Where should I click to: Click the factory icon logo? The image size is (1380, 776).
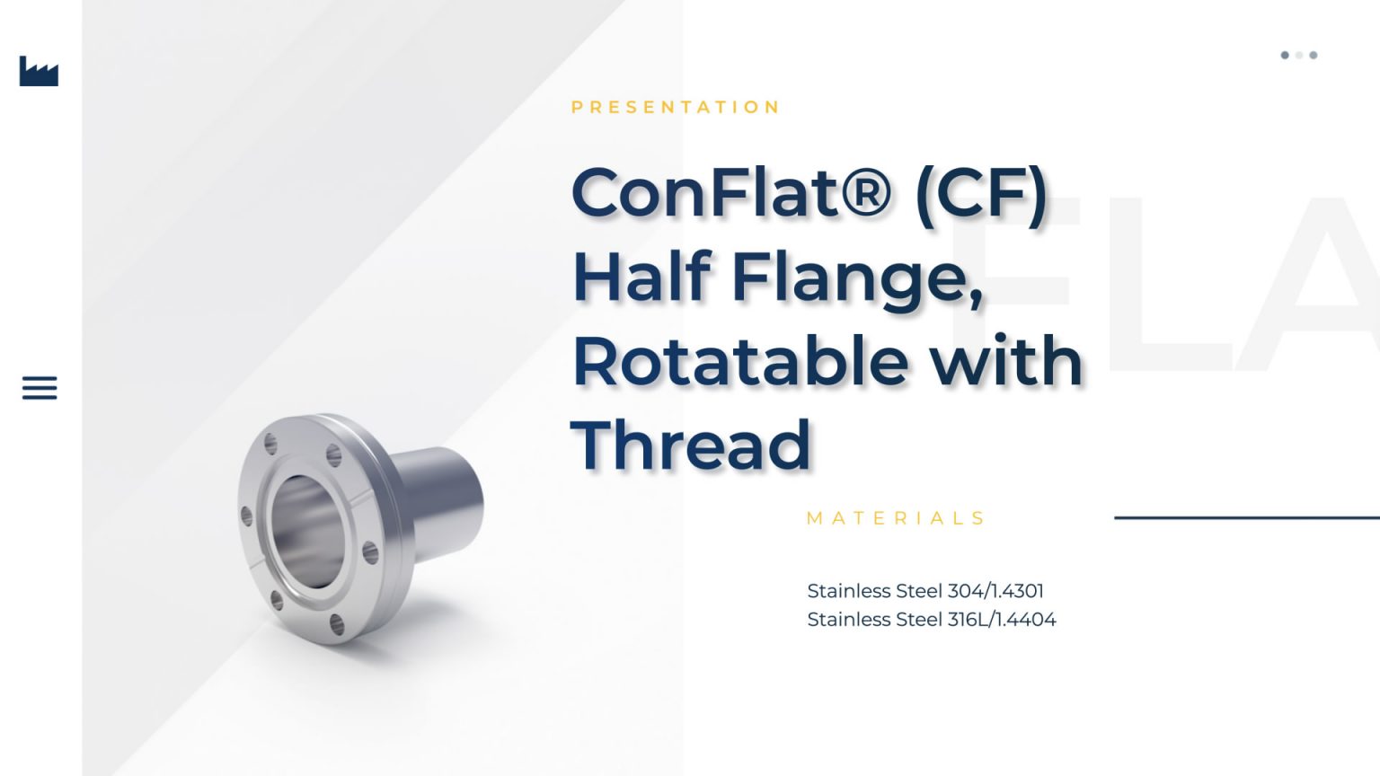click(x=39, y=72)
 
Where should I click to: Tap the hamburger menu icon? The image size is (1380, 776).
click(x=40, y=388)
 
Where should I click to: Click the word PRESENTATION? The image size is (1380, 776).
click(x=676, y=108)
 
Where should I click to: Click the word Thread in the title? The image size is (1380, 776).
click(x=691, y=445)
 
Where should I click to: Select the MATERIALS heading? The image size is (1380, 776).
click(x=896, y=518)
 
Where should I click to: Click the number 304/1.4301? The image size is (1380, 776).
click(x=995, y=591)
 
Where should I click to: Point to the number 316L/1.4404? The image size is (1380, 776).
click(x=1002, y=620)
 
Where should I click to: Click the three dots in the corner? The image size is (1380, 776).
click(x=1299, y=56)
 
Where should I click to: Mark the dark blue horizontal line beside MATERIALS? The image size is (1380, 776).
click(x=1246, y=517)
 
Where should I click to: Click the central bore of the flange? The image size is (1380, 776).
click(x=305, y=532)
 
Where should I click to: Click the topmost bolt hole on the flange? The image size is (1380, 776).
click(x=270, y=441)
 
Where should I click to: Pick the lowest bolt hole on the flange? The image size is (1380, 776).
click(x=337, y=624)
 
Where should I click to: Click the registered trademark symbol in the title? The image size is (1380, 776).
click(x=866, y=192)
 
